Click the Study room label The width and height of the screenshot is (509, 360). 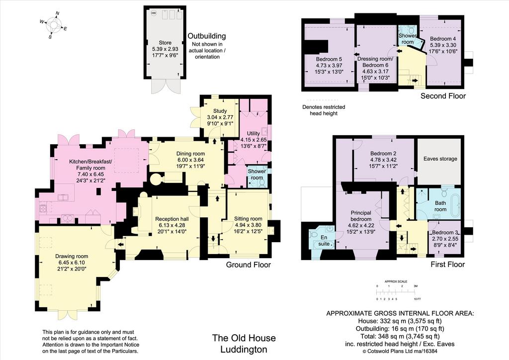220,111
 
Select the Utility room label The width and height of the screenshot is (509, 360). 253,133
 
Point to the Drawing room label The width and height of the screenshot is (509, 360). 72,256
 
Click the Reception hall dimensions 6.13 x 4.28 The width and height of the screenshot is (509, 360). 171,225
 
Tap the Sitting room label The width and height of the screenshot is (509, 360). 248,219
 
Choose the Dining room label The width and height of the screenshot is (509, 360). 190,154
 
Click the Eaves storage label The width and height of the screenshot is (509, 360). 440,159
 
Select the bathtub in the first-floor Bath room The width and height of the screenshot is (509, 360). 455,204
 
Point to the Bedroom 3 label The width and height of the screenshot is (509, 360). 445,232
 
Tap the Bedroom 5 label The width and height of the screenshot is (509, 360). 329,59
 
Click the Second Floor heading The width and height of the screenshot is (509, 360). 443,96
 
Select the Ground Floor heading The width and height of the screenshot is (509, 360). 249,265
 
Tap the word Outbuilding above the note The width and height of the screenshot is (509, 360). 207,36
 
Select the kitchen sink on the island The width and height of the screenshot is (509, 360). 63,197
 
